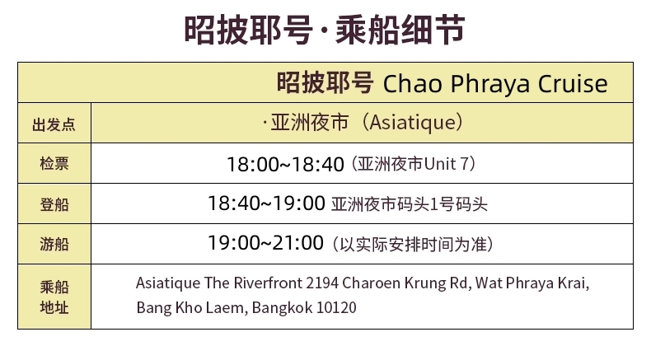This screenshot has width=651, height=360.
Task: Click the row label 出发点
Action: (54, 124)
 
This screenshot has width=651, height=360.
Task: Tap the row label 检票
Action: (54, 163)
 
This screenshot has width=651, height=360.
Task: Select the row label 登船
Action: (54, 203)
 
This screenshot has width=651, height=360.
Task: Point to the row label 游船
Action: (54, 244)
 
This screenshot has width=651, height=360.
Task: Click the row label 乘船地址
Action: (54, 297)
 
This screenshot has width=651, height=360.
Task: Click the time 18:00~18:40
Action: (286, 164)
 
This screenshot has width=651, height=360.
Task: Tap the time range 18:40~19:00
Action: (266, 203)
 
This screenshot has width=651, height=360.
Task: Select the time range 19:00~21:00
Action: (265, 243)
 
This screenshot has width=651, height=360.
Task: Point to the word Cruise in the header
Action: (573, 83)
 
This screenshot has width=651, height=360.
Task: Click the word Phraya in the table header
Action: (490, 84)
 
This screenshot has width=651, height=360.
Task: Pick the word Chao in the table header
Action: (412, 83)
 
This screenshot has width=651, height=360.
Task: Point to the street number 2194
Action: (321, 283)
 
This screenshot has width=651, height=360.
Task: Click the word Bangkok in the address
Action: (282, 307)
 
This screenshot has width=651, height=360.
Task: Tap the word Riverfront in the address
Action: (268, 283)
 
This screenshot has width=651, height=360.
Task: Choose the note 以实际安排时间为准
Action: (413, 244)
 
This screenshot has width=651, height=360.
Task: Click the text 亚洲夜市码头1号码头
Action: (409, 204)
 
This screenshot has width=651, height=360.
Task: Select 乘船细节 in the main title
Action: (400, 29)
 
